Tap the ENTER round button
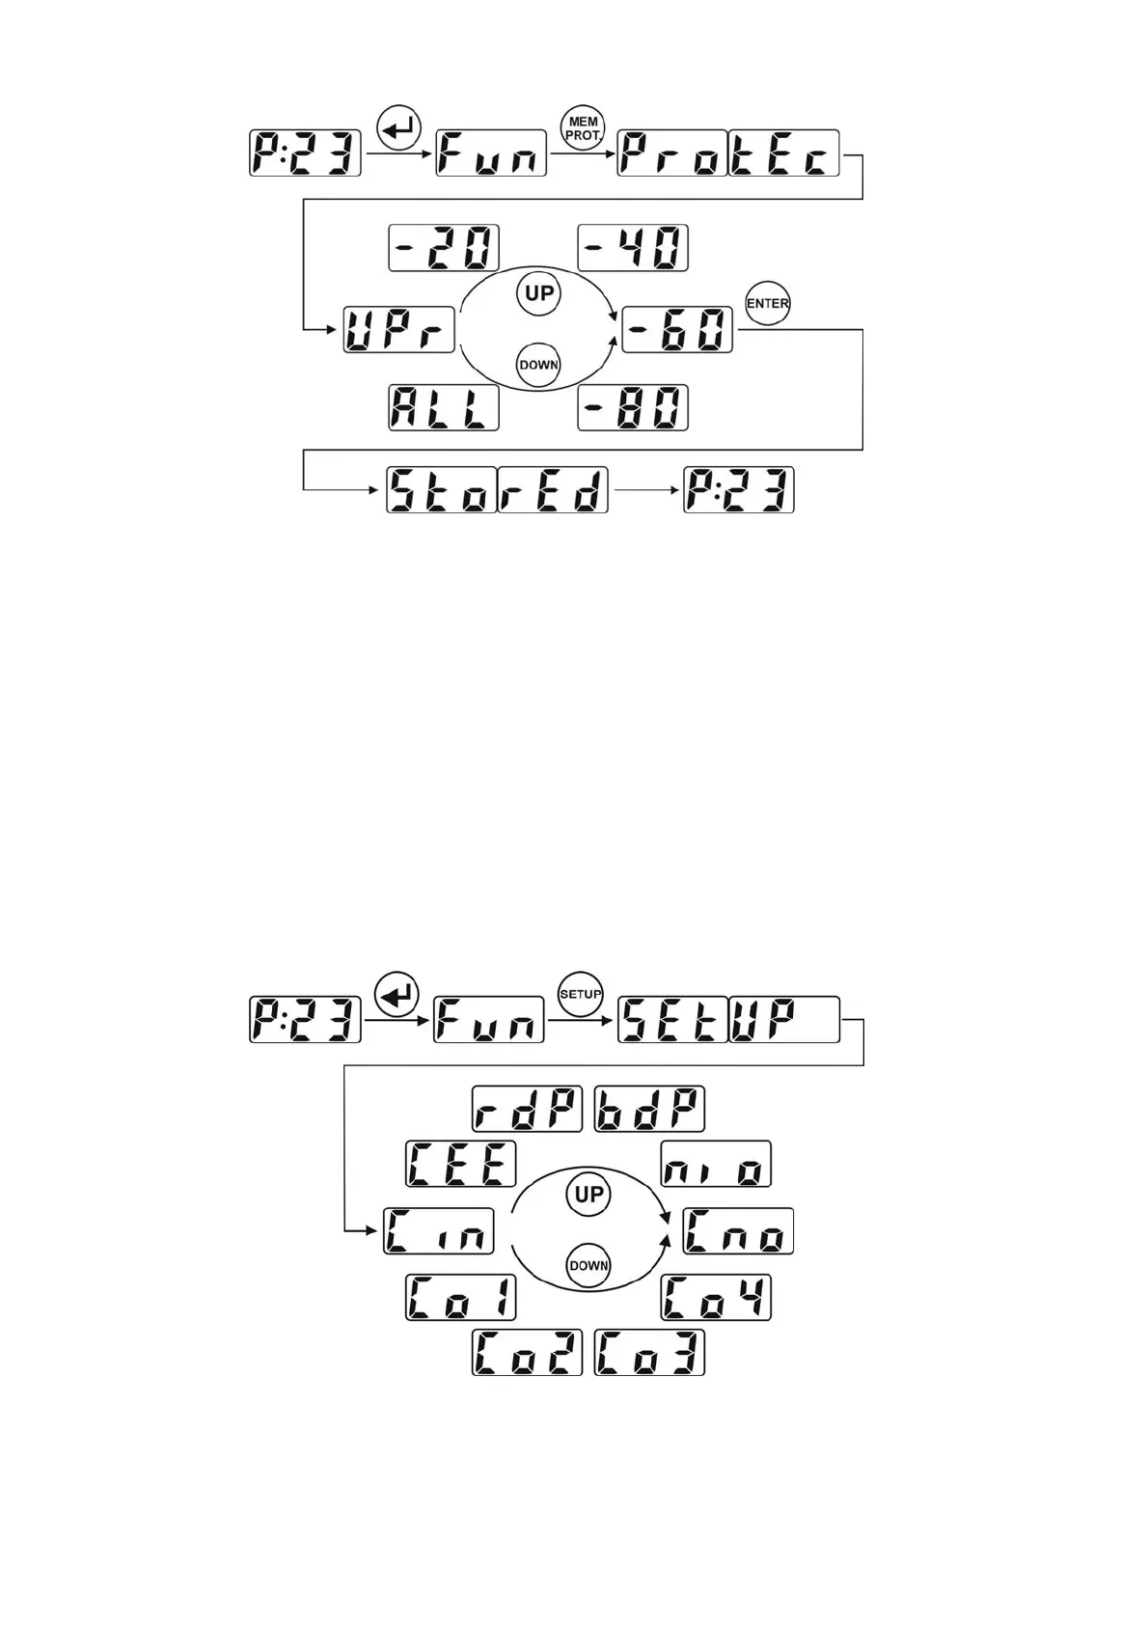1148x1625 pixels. point(768,304)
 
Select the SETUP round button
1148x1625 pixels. point(581,995)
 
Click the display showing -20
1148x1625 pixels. point(444,248)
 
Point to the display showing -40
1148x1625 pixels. point(633,248)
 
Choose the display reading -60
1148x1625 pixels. point(677,330)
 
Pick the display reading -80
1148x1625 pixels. point(633,407)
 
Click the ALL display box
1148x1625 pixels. point(444,407)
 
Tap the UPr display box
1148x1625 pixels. point(398,330)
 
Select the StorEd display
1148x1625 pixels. point(497,490)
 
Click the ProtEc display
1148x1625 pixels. point(728,152)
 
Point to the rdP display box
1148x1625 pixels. point(527,1110)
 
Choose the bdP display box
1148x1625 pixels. point(649,1110)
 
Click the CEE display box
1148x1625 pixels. point(461,1164)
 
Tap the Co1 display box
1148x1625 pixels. point(461,1298)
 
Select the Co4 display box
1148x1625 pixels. point(716,1298)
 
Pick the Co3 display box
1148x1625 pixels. point(649,1352)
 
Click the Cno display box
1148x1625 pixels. point(738,1231)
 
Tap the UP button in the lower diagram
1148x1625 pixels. point(588,1195)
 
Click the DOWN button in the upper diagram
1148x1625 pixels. point(539,365)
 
